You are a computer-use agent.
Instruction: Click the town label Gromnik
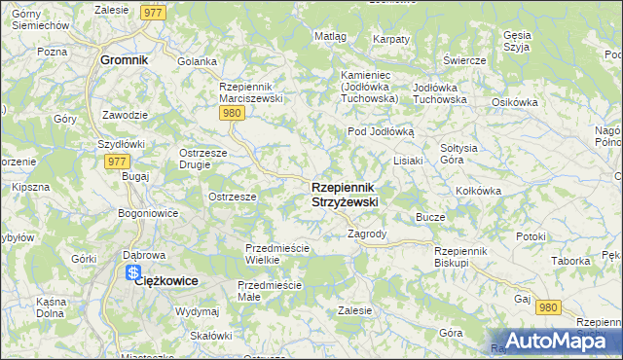coord(124,59)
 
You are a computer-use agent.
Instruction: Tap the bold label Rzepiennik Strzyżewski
coord(345,194)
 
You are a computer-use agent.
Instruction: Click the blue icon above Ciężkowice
coord(134,274)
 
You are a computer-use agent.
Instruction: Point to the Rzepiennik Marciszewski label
coord(251,92)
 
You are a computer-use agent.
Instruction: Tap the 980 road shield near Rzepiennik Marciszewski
coord(231,113)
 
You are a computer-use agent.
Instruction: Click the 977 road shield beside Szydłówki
coord(116,162)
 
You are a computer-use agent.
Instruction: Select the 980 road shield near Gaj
coord(548,307)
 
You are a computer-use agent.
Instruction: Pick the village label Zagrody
coord(368,234)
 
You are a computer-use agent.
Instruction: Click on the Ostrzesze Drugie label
coord(203,159)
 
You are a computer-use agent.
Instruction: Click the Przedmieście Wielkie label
coord(276,254)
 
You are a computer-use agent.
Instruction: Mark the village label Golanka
coord(197,61)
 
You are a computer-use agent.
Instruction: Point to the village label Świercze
coord(464,59)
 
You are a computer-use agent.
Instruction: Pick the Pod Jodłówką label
coord(382,130)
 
